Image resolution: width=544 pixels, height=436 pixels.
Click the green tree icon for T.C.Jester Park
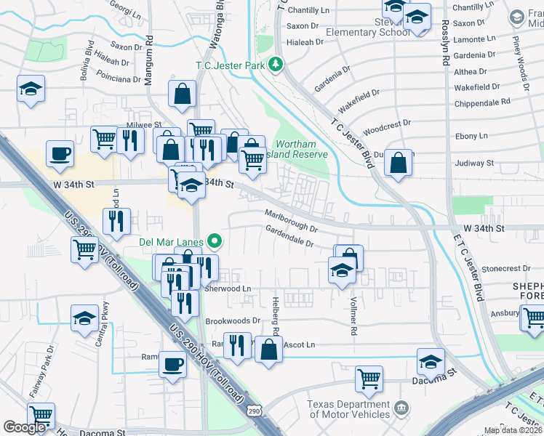click(x=276, y=65)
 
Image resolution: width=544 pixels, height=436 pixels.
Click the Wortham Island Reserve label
click(x=301, y=149)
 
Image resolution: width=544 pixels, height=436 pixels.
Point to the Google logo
click(x=24, y=427)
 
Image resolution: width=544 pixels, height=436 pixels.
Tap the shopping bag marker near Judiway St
click(x=399, y=164)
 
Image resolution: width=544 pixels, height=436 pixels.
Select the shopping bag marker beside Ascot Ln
click(x=268, y=350)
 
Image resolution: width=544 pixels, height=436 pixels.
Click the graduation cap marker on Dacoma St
click(x=431, y=361)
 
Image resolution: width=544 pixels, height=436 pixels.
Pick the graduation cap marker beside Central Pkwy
click(x=84, y=318)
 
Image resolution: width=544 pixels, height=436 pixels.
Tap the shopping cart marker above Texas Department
click(x=369, y=379)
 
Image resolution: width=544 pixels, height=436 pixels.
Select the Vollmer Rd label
click(x=353, y=320)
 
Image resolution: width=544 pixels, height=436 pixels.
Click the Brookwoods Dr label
click(x=233, y=320)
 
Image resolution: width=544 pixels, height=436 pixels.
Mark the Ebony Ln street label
click(x=473, y=136)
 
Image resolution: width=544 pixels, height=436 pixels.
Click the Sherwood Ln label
click(x=228, y=288)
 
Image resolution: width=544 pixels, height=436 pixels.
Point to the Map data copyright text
click(x=513, y=430)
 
